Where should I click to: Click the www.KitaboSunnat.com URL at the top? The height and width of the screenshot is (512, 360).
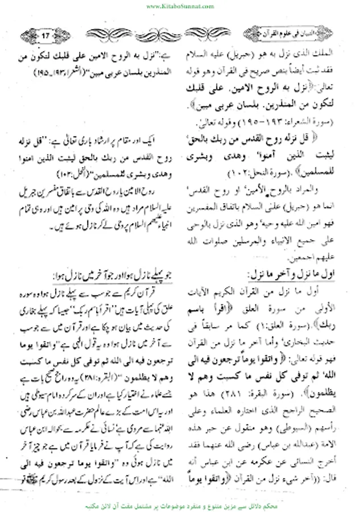pos(180,6)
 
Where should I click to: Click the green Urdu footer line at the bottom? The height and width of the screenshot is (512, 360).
pos(180,504)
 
